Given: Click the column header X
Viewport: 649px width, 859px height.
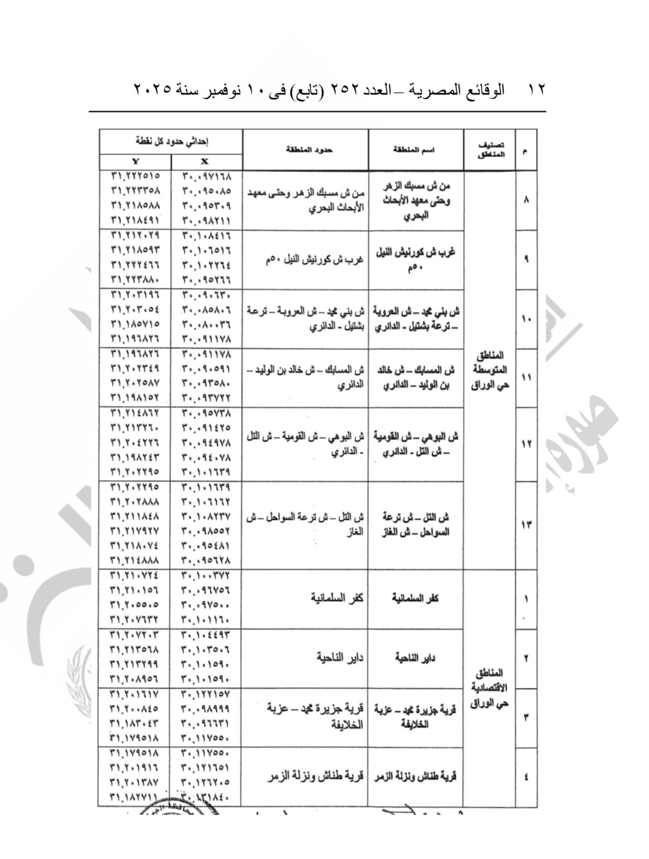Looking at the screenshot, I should tap(205, 162).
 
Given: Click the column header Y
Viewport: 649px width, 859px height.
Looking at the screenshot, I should tap(135, 162).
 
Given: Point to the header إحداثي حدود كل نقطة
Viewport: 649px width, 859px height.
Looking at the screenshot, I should tap(171, 141).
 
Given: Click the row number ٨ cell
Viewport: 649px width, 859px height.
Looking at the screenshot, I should tap(526, 200).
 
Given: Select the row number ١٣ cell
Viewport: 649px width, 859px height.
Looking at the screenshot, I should tap(526, 525).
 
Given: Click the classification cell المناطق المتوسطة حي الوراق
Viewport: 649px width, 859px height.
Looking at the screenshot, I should tap(490, 370).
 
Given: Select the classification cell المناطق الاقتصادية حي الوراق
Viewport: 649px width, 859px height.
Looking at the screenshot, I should tap(490, 688).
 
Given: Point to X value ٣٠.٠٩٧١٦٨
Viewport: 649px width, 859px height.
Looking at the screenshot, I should tap(206, 176).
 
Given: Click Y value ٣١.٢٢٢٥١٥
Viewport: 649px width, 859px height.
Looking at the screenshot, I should tap(135, 176).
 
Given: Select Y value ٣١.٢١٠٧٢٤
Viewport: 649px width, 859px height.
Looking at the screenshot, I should tap(135, 575).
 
